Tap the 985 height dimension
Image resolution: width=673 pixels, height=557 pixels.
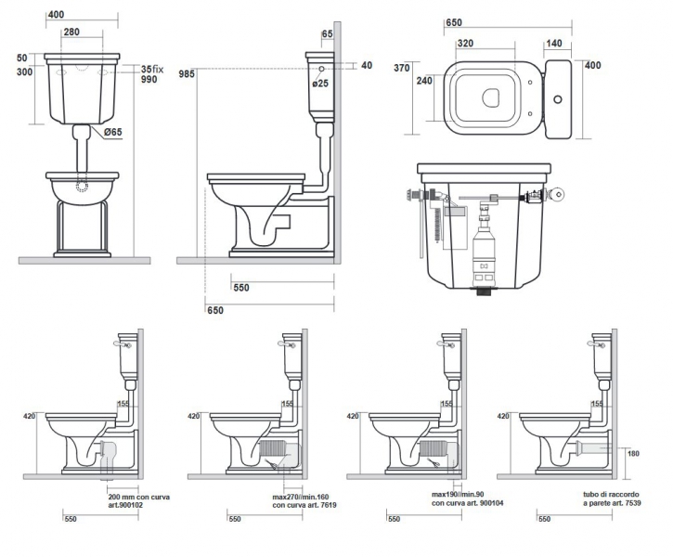tap(188, 73)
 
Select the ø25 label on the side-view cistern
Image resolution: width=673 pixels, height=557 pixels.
tap(319, 84)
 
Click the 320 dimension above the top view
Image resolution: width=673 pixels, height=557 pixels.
tap(467, 43)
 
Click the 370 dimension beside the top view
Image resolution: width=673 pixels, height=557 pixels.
tap(401, 68)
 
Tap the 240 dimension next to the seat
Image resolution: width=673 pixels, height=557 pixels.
tap(426, 81)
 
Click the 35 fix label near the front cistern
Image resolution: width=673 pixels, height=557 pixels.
tap(152, 70)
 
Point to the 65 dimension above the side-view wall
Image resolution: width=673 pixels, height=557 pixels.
tap(327, 33)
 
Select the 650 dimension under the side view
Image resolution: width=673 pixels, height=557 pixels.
tap(215, 310)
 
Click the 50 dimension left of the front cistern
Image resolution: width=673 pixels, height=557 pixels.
tap(23, 58)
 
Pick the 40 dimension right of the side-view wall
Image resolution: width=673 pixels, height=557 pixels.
tap(367, 65)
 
